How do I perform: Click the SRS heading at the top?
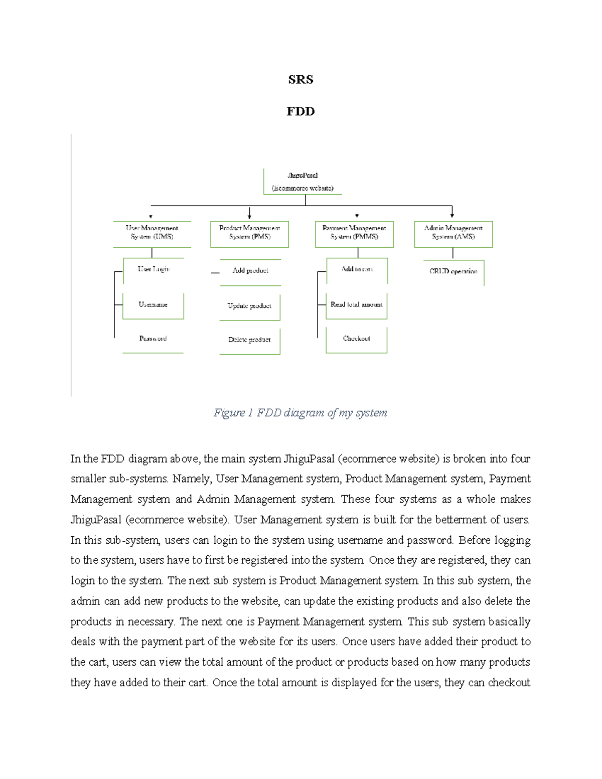300,80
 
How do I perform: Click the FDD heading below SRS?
300,111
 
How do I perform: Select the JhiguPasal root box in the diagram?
303,182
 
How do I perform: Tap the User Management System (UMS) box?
152,232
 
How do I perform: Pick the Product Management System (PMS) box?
249,232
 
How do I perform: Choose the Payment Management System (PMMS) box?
354,232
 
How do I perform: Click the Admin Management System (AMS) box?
453,232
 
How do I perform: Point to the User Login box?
154,269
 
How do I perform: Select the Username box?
153,305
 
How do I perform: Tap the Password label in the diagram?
153,339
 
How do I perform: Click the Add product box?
250,271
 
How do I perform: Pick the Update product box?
249,306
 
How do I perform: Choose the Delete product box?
249,340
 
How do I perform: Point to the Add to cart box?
357,269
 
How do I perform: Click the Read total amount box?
357,305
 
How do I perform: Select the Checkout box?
357,339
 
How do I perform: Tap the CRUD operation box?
454,271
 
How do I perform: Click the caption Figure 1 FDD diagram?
300,413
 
